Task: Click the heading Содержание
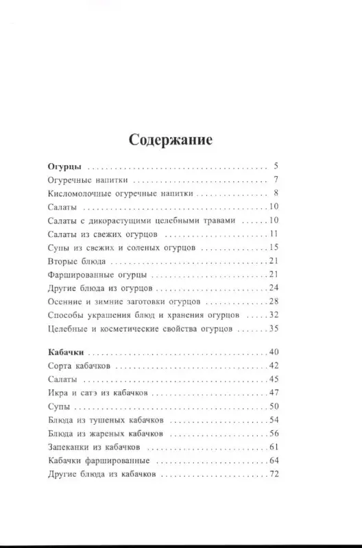tap(171, 140)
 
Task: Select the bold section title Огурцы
tap(66, 166)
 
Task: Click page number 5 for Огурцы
tap(275, 166)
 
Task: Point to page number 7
tap(275, 180)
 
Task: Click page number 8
tap(275, 194)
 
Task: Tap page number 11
tap(273, 234)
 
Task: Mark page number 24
tap(272, 288)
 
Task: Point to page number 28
tap(272, 301)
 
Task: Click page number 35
tap(272, 329)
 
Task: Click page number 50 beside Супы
tap(272, 407)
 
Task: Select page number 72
tap(272, 474)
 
